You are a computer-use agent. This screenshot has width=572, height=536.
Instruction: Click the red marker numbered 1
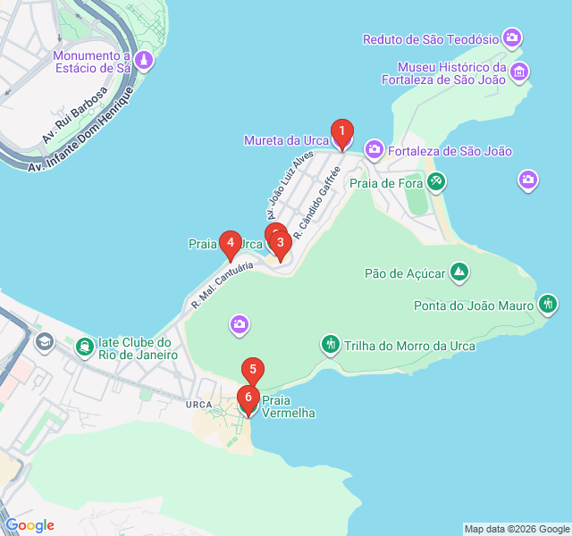click(341, 133)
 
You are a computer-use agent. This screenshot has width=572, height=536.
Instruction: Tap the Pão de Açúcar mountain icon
click(458, 271)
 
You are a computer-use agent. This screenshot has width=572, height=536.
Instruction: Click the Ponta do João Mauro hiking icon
click(548, 306)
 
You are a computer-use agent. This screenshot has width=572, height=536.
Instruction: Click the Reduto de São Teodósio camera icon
click(512, 38)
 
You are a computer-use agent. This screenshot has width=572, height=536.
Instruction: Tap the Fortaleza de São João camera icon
click(374, 150)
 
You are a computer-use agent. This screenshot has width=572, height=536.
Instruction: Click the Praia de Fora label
click(384, 182)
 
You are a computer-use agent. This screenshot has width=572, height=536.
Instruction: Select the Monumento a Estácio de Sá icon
click(144, 61)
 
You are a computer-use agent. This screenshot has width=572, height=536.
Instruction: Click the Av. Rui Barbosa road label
click(75, 114)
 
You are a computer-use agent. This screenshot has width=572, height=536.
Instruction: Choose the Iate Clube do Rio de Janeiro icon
click(85, 346)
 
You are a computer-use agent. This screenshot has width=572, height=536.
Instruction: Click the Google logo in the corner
click(29, 525)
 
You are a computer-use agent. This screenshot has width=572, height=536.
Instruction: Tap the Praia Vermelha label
click(289, 407)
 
